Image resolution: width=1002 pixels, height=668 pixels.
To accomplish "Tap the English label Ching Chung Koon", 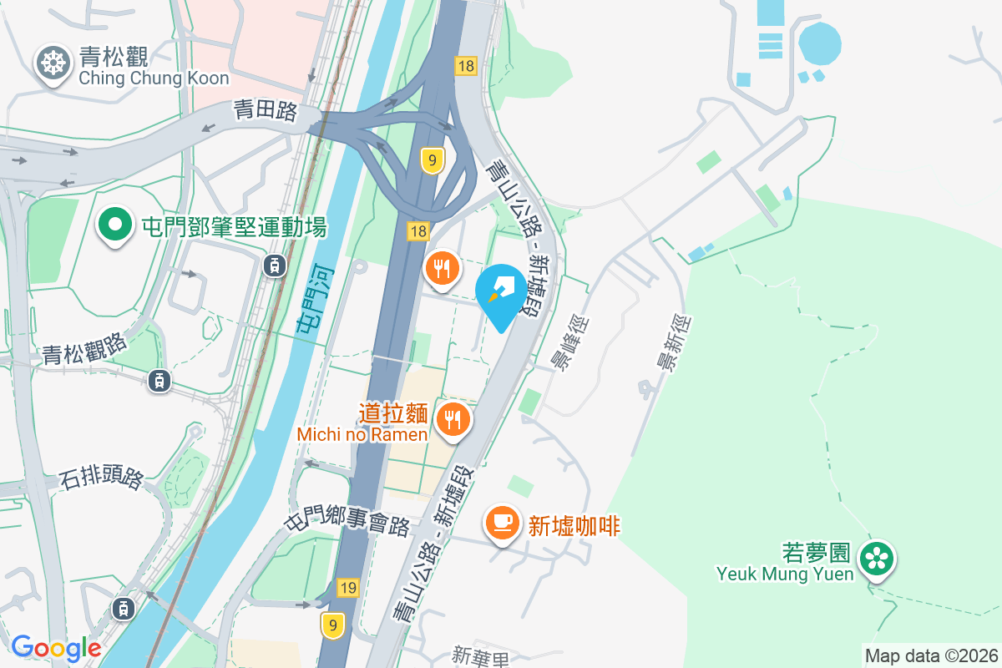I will [154, 78].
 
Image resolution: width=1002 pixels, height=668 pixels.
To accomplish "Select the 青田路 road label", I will [265, 111].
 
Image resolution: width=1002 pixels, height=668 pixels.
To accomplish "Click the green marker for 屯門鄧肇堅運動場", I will [116, 225].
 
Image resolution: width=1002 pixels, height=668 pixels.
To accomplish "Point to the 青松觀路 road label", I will [84, 349].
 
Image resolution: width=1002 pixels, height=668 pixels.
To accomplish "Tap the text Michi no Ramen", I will [362, 434].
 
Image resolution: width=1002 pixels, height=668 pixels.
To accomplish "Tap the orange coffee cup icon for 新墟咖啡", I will [501, 524].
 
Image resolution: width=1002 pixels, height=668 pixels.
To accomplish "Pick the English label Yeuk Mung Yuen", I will [785, 574].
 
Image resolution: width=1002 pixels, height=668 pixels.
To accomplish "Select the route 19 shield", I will [348, 588].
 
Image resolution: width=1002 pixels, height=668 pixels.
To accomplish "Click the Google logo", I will [56, 648].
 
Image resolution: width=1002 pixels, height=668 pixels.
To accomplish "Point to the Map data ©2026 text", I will [931, 655].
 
